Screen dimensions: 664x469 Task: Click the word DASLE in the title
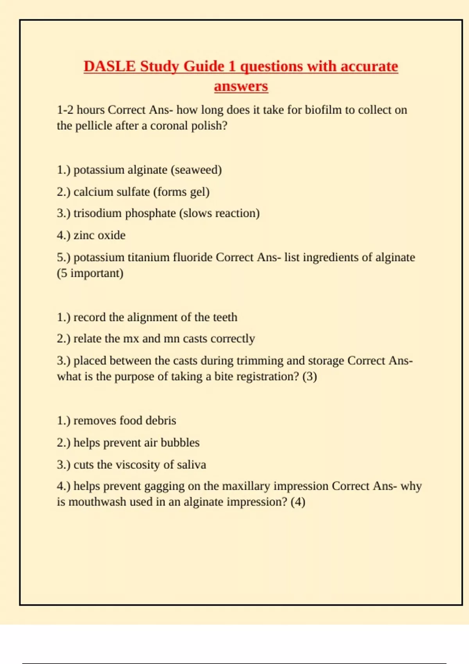109,66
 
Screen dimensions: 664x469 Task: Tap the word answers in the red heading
241,86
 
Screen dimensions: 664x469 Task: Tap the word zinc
84,235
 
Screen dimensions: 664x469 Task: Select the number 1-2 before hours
65,110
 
